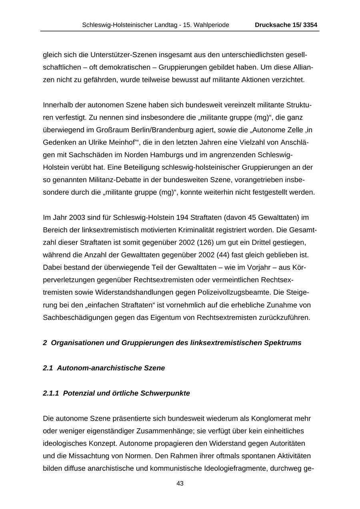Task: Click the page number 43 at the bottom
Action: pyautogui.click(x=180, y=483)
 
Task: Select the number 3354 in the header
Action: pyautogui.click(x=310, y=25)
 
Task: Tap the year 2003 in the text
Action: pyautogui.click(x=77, y=217)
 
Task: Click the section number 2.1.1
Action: pyautogui.click(x=51, y=393)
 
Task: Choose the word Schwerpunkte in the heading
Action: pyautogui.click(x=165, y=393)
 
